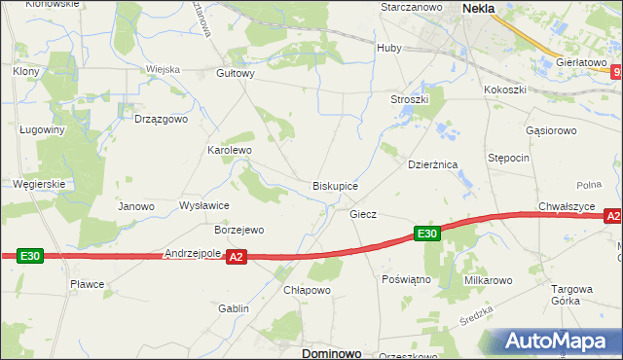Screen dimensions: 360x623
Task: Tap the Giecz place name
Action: pyautogui.click(x=363, y=213)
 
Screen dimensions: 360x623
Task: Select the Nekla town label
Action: pyautogui.click(x=478, y=8)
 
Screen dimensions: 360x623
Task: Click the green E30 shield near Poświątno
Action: pyautogui.click(x=427, y=234)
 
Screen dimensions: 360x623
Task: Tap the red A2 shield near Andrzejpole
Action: pyautogui.click(x=236, y=257)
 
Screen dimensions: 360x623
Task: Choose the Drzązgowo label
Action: pyautogui.click(x=160, y=119)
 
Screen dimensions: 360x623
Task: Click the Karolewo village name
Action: pyautogui.click(x=230, y=151)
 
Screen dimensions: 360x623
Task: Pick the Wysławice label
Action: pyautogui.click(x=204, y=206)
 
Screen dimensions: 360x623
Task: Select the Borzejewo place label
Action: pyautogui.click(x=238, y=231)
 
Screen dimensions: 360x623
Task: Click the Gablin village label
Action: pyautogui.click(x=234, y=308)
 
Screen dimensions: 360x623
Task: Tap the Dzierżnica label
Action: pyautogui.click(x=433, y=165)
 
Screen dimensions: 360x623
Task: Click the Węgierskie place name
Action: pyautogui.click(x=39, y=183)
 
